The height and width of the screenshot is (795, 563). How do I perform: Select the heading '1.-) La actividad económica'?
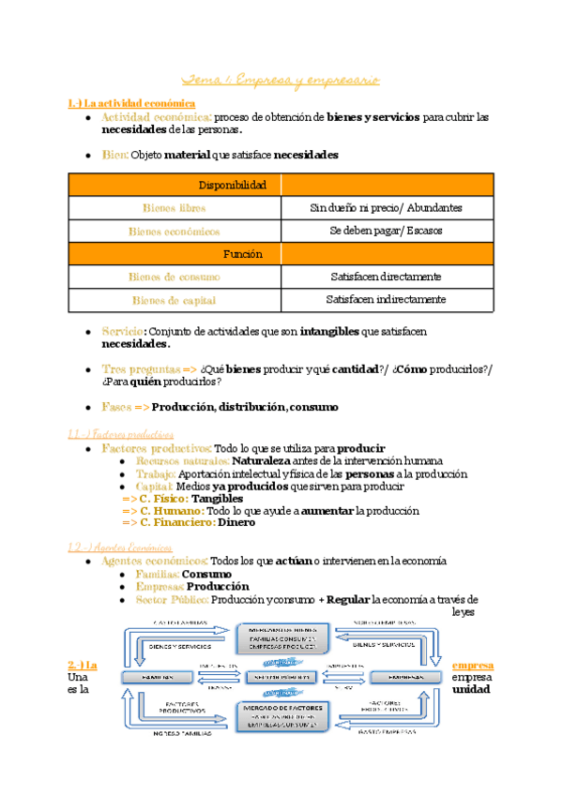click(x=132, y=102)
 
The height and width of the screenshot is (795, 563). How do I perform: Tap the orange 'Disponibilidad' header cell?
click(x=175, y=185)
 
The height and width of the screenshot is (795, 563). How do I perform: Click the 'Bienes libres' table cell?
click(x=175, y=207)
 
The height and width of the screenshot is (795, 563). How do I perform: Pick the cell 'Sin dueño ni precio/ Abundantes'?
click(x=387, y=207)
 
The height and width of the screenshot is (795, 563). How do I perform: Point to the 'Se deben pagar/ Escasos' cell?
click(x=387, y=230)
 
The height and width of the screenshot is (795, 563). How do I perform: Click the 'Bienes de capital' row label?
click(x=175, y=300)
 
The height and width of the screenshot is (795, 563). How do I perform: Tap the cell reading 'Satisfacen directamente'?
click(x=387, y=277)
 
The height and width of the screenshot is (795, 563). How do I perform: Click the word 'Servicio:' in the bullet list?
click(x=123, y=332)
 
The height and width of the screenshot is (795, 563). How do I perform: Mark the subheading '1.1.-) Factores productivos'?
click(x=121, y=434)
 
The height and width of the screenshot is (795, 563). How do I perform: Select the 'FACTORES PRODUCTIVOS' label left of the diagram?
click(x=180, y=707)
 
